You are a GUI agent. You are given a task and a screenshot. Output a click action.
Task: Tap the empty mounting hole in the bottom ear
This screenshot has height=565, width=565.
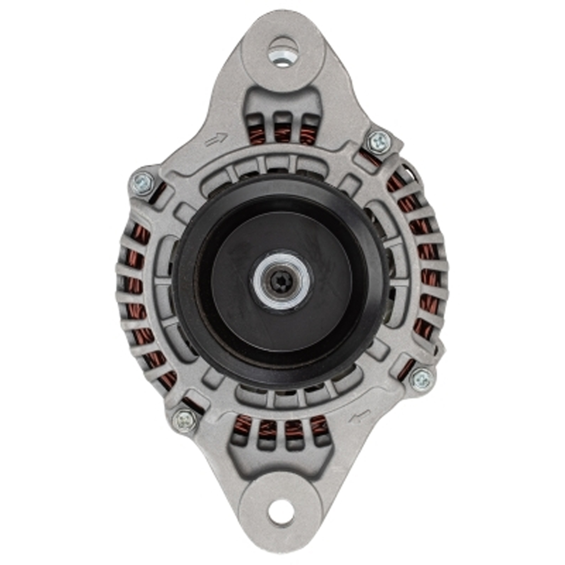click(x=281, y=512)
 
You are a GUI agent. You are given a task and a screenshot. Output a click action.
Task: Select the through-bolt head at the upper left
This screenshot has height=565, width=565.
click(x=142, y=183)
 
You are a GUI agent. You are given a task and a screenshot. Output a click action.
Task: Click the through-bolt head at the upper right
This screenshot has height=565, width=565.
click(x=378, y=141)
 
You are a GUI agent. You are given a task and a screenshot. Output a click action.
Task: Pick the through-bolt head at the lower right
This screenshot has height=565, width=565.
click(x=422, y=379)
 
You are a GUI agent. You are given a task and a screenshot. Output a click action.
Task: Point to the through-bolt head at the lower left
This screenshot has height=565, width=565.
click(x=186, y=420)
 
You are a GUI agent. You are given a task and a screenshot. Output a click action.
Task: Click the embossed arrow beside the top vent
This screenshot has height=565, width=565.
click(x=216, y=139)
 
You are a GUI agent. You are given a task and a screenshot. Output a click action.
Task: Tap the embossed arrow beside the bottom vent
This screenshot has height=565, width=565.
click(x=359, y=417)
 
